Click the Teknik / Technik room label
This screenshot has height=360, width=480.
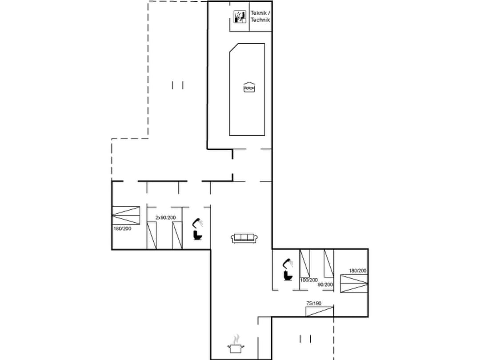(x=260, y=16)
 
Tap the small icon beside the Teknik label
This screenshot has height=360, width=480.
(x=240, y=17)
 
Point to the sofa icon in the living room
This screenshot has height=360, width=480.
(x=244, y=238)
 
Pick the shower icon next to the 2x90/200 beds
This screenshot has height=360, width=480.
(x=197, y=222)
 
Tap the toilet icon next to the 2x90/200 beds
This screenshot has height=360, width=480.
(x=197, y=235)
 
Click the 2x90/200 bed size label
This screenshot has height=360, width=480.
(x=165, y=217)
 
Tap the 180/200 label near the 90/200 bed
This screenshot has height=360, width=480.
(x=357, y=271)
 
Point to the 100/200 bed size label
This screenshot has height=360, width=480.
(x=309, y=280)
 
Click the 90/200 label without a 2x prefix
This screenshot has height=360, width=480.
(x=325, y=284)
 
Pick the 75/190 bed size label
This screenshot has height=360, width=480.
(x=314, y=303)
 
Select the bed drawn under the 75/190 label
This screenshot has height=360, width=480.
(x=320, y=311)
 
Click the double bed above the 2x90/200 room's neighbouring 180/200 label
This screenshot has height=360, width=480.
(x=126, y=216)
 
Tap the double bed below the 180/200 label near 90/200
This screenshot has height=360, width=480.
(x=354, y=284)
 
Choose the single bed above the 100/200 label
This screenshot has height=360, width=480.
(x=305, y=263)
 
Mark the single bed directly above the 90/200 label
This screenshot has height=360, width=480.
(x=328, y=263)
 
